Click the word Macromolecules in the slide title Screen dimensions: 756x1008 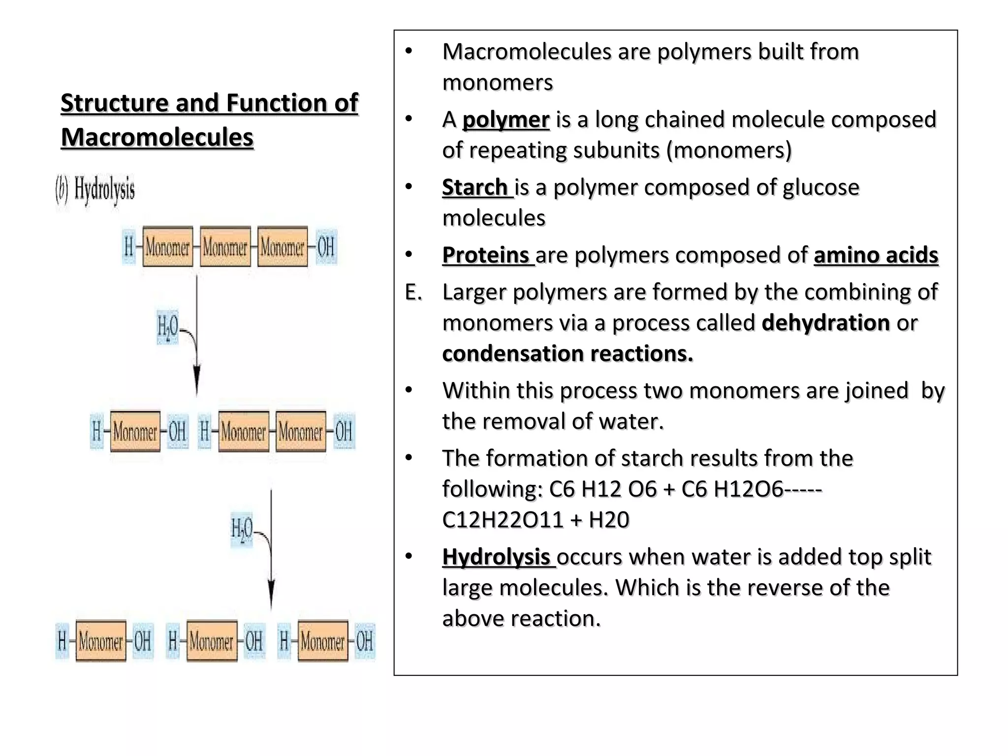pos(157,137)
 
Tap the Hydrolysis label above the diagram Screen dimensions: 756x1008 pos(104,189)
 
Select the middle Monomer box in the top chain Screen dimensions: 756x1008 pos(225,247)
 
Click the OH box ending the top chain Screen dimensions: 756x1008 pos(326,247)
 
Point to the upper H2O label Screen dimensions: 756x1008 pos(167,326)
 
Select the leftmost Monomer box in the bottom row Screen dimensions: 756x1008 pos(101,641)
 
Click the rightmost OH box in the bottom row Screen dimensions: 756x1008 pos(364,641)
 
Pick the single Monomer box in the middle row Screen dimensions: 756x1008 pos(135,432)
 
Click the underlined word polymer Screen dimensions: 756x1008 pos(505,120)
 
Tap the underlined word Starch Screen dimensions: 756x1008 pos(475,187)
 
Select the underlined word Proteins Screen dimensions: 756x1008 pos(486,255)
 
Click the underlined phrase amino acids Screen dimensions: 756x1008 pos(876,255)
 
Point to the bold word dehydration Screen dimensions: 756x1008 pos(825,323)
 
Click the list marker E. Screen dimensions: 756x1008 pos(413,292)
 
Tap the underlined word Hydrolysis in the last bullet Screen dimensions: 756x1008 pos(496,557)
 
